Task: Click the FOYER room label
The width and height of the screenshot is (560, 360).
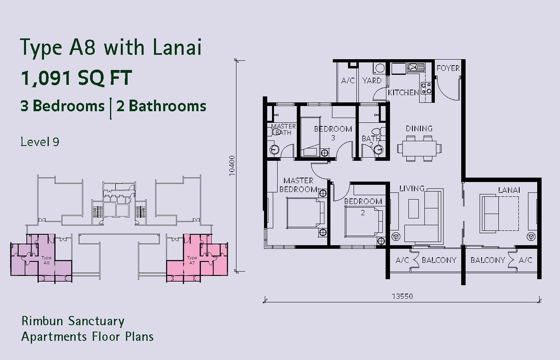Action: coord(448,68)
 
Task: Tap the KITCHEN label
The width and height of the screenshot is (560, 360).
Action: coord(403,92)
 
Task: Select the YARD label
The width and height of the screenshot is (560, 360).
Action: coord(372,80)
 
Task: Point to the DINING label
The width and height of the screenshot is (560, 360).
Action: coord(419,128)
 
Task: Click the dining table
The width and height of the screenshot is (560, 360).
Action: coord(420,148)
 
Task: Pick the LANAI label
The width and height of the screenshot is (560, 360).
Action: coord(509,190)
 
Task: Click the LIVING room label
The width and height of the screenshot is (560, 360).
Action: coord(412,188)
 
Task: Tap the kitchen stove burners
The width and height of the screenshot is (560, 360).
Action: coord(426,88)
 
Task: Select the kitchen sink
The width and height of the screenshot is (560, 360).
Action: coord(416,67)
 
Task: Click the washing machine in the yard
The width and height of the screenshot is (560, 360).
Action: coord(379,68)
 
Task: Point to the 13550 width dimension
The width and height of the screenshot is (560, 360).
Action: coord(402,296)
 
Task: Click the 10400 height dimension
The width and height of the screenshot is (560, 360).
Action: coord(232,166)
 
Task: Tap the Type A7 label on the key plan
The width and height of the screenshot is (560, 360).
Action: coord(192,260)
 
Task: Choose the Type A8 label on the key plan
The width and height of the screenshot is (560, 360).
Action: coord(46,260)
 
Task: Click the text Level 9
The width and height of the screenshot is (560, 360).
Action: coord(40,142)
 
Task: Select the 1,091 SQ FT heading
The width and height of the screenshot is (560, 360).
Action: coord(76,78)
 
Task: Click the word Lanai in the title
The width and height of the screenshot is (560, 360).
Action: coord(177,47)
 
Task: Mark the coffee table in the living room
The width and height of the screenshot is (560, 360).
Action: coord(414,208)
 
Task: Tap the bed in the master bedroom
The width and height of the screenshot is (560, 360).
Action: coord(306,213)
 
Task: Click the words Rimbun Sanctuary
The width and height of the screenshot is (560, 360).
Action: coord(73,321)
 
